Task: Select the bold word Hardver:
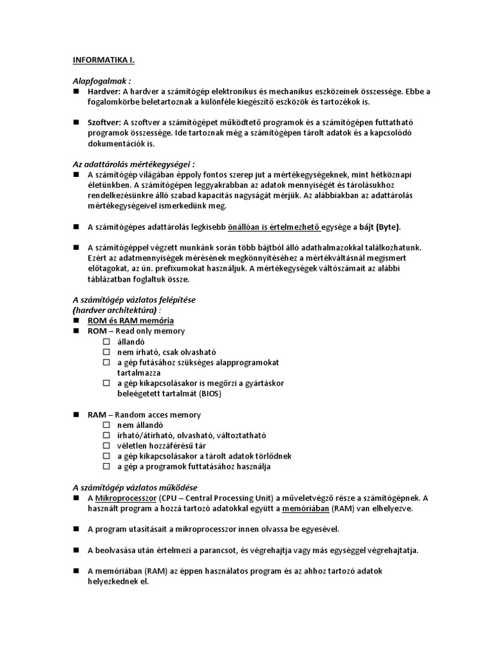(x=104, y=91)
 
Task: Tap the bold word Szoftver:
(x=105, y=123)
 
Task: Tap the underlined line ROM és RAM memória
(x=130, y=321)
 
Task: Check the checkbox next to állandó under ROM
(x=107, y=342)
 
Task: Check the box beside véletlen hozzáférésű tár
(x=107, y=446)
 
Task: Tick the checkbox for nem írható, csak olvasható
(x=107, y=352)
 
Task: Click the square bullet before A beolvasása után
(x=75, y=550)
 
